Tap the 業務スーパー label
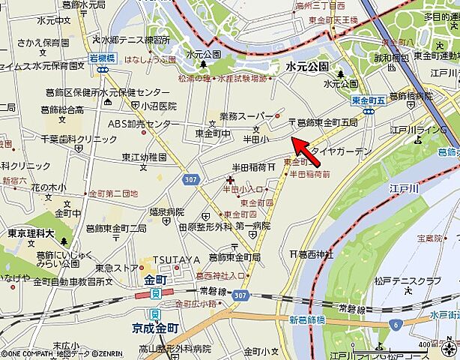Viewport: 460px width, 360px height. point(246,116)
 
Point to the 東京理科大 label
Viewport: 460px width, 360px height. point(32,232)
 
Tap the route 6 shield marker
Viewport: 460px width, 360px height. point(394,323)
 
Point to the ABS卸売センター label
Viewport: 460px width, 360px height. point(139,124)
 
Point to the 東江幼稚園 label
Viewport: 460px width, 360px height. point(145,157)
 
